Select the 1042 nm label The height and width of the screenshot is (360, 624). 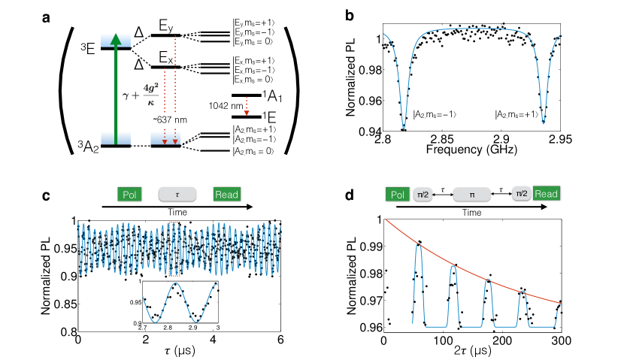[222, 106]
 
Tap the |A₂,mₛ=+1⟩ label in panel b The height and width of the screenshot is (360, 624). [519, 114]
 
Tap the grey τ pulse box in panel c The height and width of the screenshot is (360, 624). [177, 194]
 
